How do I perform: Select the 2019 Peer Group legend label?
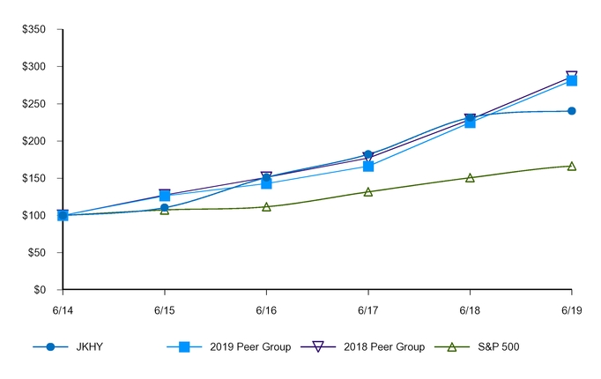coord(250,346)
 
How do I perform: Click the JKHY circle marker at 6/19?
coord(572,111)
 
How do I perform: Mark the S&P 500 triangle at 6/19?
coord(572,166)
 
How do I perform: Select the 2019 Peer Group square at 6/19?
coord(572,80)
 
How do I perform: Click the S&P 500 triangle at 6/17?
coord(368,191)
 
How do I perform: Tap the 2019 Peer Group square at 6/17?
coord(368,166)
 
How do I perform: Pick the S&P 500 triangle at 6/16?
coord(266,206)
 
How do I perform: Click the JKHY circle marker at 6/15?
coord(165,208)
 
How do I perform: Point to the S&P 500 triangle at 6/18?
coord(470,177)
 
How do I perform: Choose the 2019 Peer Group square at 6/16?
coord(266,183)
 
